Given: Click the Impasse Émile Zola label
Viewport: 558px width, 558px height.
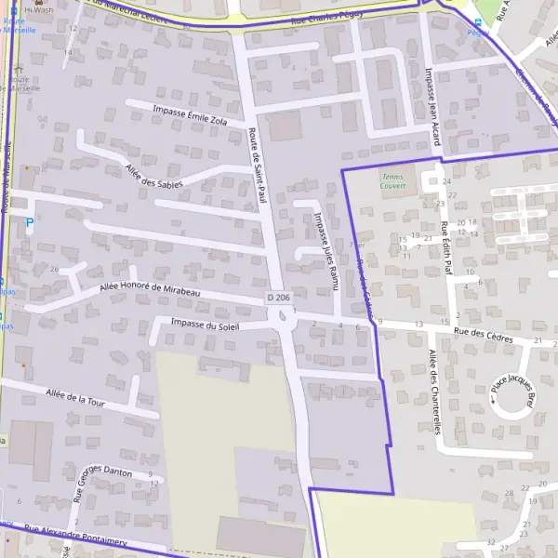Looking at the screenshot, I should (189, 115).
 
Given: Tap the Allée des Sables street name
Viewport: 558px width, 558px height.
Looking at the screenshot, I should (153, 175).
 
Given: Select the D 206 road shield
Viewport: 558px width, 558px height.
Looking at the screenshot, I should (276, 298).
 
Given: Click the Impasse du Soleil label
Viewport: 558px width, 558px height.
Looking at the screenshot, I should (206, 325).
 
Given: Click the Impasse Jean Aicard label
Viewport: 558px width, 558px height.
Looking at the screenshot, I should (431, 106).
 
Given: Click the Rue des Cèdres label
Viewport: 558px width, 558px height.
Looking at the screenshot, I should (483, 335).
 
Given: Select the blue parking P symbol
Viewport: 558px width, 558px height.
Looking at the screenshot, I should (29, 225).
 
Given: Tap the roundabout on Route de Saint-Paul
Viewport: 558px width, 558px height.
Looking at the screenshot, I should (282, 318).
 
